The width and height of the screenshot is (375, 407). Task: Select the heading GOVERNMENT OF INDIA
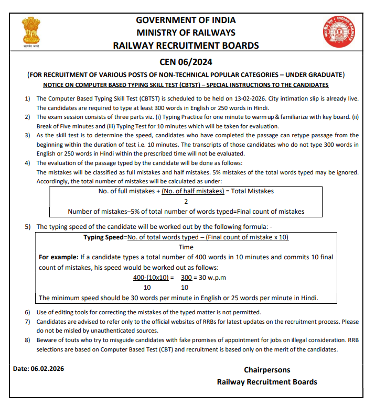point(186,20)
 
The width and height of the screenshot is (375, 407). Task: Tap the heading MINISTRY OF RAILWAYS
point(186,32)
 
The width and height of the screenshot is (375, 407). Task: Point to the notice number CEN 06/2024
point(186,62)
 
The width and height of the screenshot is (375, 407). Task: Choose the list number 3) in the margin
point(27,135)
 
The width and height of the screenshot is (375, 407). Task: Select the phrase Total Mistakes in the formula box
point(252,191)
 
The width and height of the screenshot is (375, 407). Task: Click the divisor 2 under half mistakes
point(186,201)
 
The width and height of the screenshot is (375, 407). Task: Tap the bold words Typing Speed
point(103,237)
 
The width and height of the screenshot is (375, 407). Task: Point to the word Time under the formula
point(186,247)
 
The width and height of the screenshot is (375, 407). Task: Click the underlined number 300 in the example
point(186,278)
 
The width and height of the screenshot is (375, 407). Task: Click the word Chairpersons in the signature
point(266,370)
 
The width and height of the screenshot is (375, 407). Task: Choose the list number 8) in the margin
point(27,341)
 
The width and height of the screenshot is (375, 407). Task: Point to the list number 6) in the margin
point(27,312)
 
